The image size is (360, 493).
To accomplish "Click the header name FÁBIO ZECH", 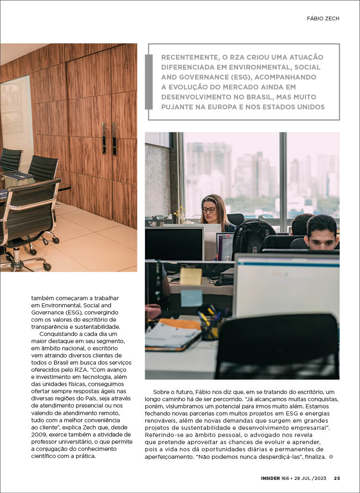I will click(323, 19).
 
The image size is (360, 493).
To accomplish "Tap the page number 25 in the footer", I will click(337, 478).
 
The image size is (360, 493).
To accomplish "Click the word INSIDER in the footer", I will click(270, 478).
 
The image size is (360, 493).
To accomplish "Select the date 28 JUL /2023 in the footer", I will click(310, 478).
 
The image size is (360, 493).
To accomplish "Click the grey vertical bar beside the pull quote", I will click(149, 82).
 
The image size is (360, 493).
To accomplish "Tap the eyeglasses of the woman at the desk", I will click(209, 210).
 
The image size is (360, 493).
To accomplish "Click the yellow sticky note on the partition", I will click(191, 276).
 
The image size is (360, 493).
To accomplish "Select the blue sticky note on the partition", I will click(192, 298).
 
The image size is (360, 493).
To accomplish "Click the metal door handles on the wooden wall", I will click(109, 138).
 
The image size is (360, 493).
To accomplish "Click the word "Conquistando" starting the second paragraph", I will click(58, 334).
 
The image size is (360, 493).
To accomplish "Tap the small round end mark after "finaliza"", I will click(331, 457).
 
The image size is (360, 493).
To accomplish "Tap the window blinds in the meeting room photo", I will click(17, 119).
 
